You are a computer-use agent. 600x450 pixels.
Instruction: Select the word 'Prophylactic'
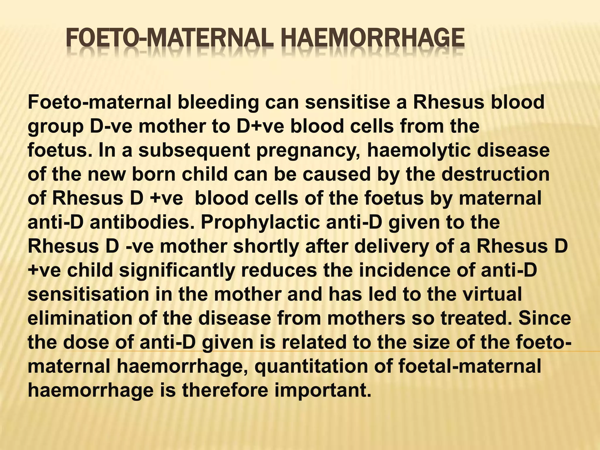(260, 223)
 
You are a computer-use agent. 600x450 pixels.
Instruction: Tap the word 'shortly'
(266, 247)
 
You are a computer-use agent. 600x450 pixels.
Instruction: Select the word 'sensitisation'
(88, 294)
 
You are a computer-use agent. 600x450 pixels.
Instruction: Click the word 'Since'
(545, 318)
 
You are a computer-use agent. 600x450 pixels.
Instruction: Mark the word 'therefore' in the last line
(225, 390)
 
